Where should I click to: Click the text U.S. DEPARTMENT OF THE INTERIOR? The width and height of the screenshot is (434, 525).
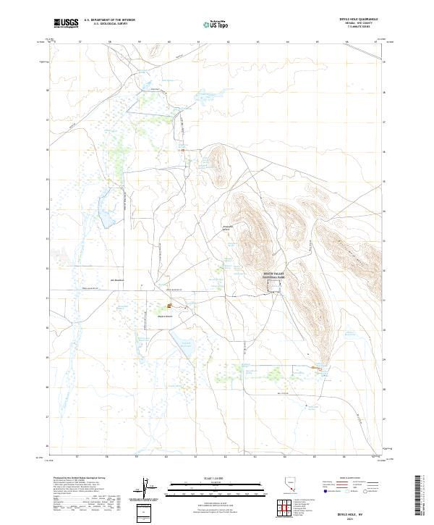pyautogui.click(x=109, y=20)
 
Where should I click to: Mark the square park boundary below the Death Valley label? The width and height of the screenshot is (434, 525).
pyautogui.click(x=276, y=290)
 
